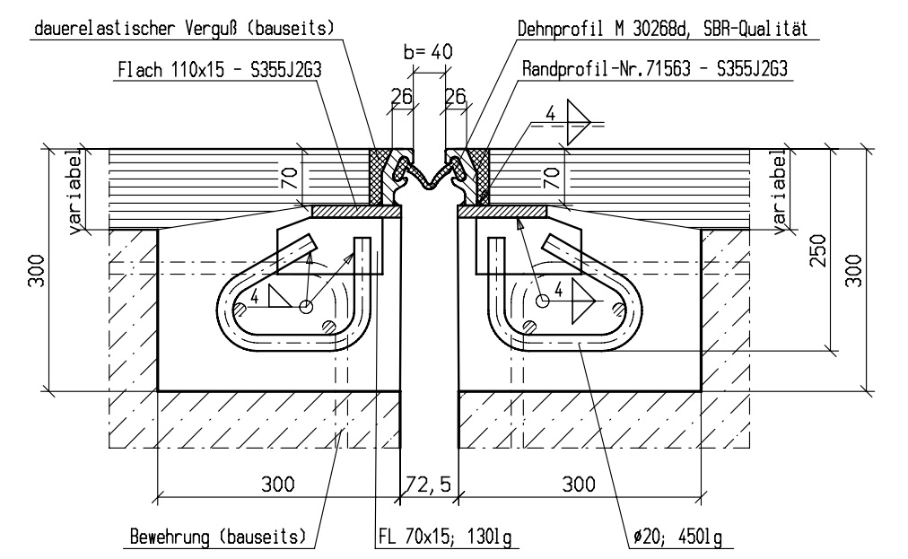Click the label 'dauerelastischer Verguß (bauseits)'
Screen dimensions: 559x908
click(183, 28)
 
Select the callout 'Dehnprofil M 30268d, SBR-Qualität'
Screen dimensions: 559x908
click(663, 28)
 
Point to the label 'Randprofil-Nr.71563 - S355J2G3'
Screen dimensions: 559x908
click(654, 70)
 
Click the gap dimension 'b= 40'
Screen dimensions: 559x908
click(427, 53)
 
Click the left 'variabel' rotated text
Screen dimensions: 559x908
click(77, 194)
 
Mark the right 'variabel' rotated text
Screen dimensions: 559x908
click(780, 192)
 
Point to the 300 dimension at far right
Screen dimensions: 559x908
click(853, 267)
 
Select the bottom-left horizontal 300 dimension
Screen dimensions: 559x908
click(278, 485)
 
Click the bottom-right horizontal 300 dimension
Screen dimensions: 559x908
click(579, 485)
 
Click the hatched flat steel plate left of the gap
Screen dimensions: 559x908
click(356, 211)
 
